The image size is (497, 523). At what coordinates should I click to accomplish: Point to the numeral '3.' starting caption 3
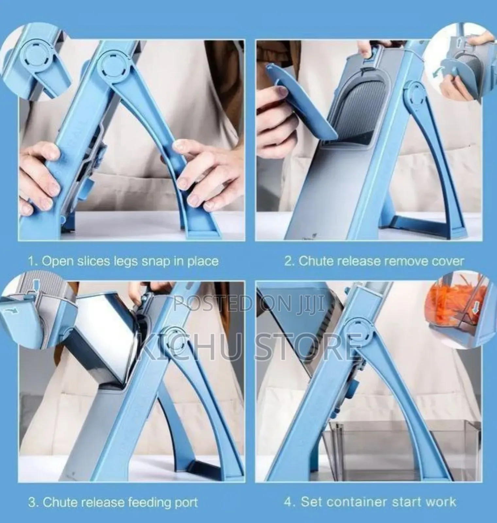pos(33,502)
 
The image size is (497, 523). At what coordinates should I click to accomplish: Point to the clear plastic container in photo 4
pos(409,441)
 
